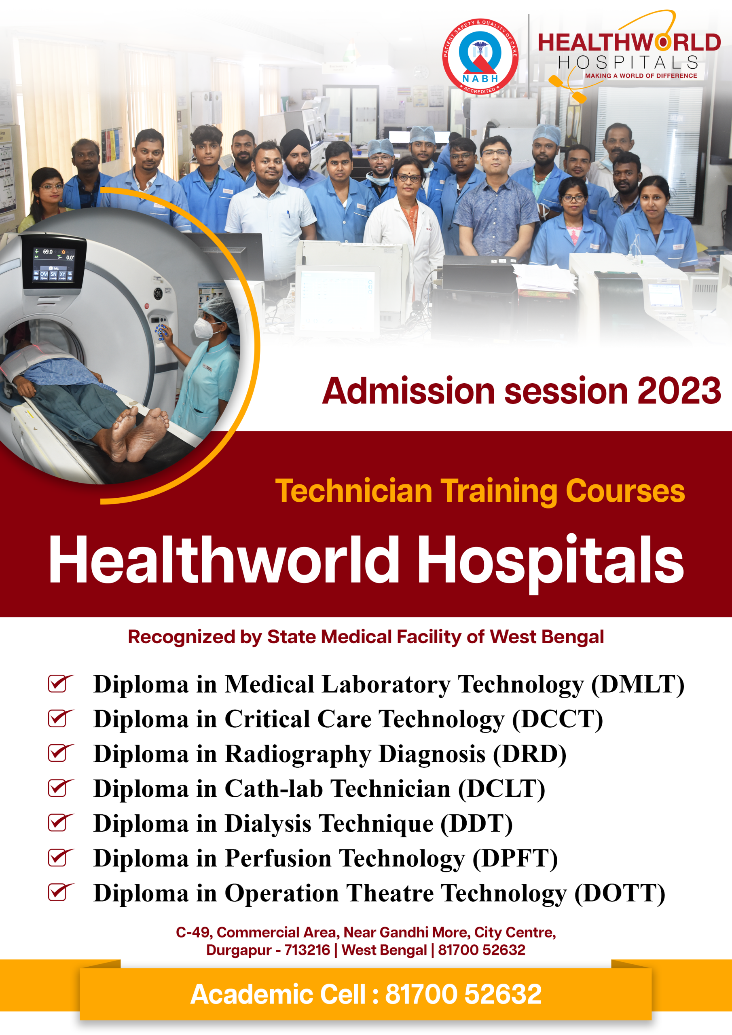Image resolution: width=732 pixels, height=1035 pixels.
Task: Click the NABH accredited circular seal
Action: (480, 57)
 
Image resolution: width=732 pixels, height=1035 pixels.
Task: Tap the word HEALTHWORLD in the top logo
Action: (629, 43)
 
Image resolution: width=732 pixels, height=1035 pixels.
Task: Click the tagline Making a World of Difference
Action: (641, 76)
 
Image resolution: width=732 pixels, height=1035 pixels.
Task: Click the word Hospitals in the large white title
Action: (550, 561)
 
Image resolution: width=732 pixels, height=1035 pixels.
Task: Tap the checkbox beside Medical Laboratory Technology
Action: (60, 683)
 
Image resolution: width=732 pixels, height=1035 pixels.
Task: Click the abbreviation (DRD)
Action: (529, 754)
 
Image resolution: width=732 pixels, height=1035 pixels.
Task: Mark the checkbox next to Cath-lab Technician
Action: (60, 788)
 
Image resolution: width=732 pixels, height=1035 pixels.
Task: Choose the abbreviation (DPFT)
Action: (515, 858)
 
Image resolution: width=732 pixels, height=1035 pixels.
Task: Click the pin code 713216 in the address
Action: (307, 950)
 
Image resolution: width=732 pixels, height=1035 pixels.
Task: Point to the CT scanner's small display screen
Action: (54, 265)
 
